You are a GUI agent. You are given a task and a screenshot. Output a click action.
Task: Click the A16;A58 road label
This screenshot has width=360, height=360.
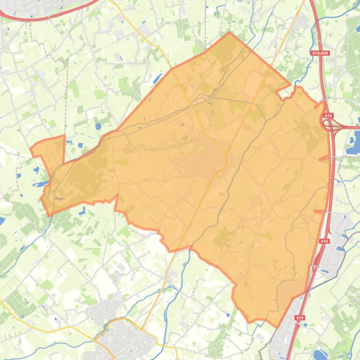(320, 53)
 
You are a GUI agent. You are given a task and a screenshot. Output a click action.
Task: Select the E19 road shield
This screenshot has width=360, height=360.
(300, 318)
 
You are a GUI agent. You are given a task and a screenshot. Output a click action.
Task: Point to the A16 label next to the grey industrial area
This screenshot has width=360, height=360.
(324, 241)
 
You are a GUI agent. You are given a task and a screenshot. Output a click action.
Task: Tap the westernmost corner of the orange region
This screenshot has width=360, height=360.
(31, 149)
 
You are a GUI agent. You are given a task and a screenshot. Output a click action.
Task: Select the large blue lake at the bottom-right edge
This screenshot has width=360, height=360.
(323, 354)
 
